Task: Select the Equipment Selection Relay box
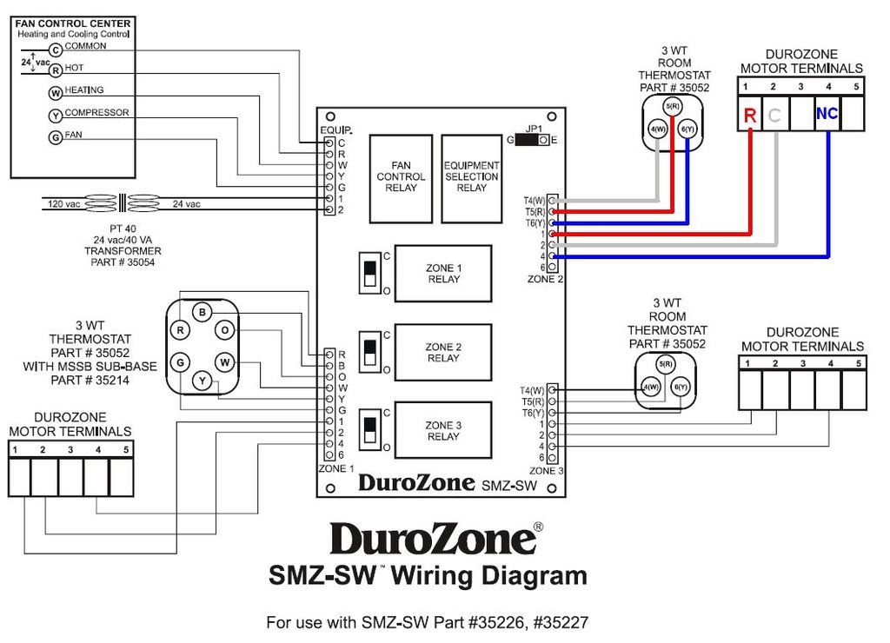click(x=471, y=177)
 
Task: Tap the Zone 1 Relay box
click(x=443, y=274)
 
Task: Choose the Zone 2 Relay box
click(x=443, y=353)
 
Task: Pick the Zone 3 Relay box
click(x=443, y=431)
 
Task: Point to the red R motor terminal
click(x=749, y=115)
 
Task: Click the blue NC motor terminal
click(x=827, y=114)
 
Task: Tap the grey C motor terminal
click(x=775, y=115)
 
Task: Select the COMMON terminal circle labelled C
click(x=56, y=50)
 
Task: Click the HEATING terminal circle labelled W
click(x=56, y=93)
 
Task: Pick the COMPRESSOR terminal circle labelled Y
click(x=56, y=116)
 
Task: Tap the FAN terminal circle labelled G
click(x=56, y=137)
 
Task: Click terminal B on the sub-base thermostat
click(x=202, y=313)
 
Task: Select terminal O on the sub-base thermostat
click(x=224, y=330)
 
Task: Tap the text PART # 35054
click(x=123, y=262)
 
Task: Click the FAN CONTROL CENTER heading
click(x=73, y=23)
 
